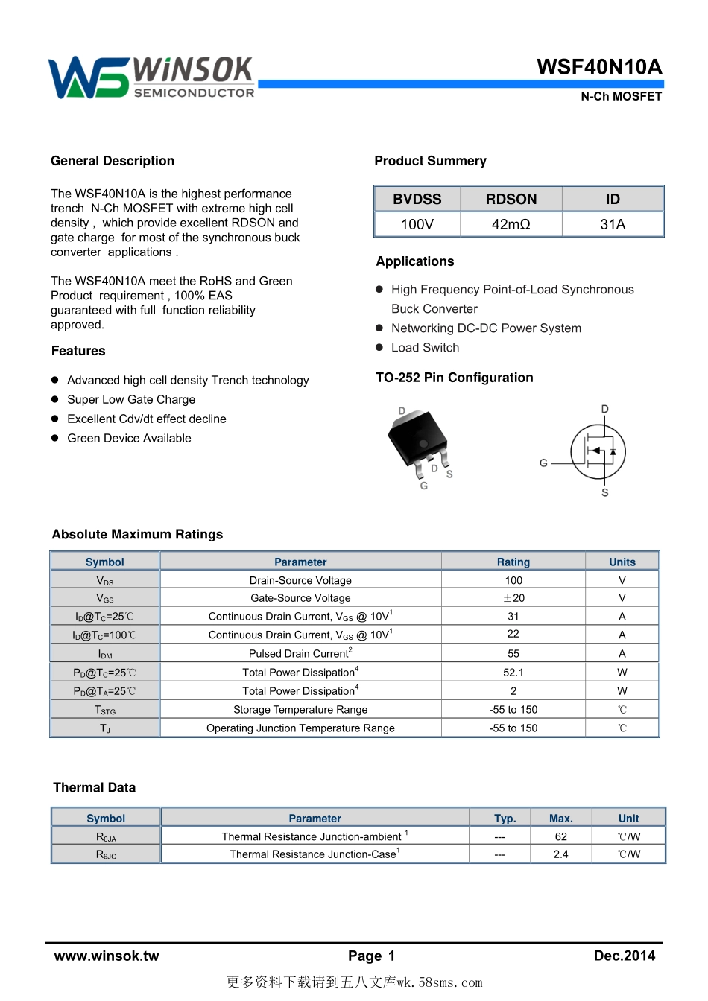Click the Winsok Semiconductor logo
click(151, 77)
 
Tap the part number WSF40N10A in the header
click(599, 67)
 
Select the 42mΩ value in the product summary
click(511, 224)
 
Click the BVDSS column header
click(417, 199)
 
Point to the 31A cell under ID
click(613, 224)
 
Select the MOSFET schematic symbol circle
click(598, 451)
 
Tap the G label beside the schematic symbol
click(544, 463)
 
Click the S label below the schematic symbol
click(605, 492)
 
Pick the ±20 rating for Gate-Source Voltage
click(513, 598)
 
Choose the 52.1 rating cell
click(513, 672)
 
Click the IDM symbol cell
click(105, 654)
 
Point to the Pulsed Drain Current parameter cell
click(300, 653)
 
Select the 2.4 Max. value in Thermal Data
click(560, 854)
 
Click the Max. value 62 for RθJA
click(560, 836)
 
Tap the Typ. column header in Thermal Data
click(505, 818)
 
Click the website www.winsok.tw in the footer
click(107, 956)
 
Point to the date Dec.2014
click(624, 956)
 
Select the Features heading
click(78, 351)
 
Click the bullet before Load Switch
click(379, 347)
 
